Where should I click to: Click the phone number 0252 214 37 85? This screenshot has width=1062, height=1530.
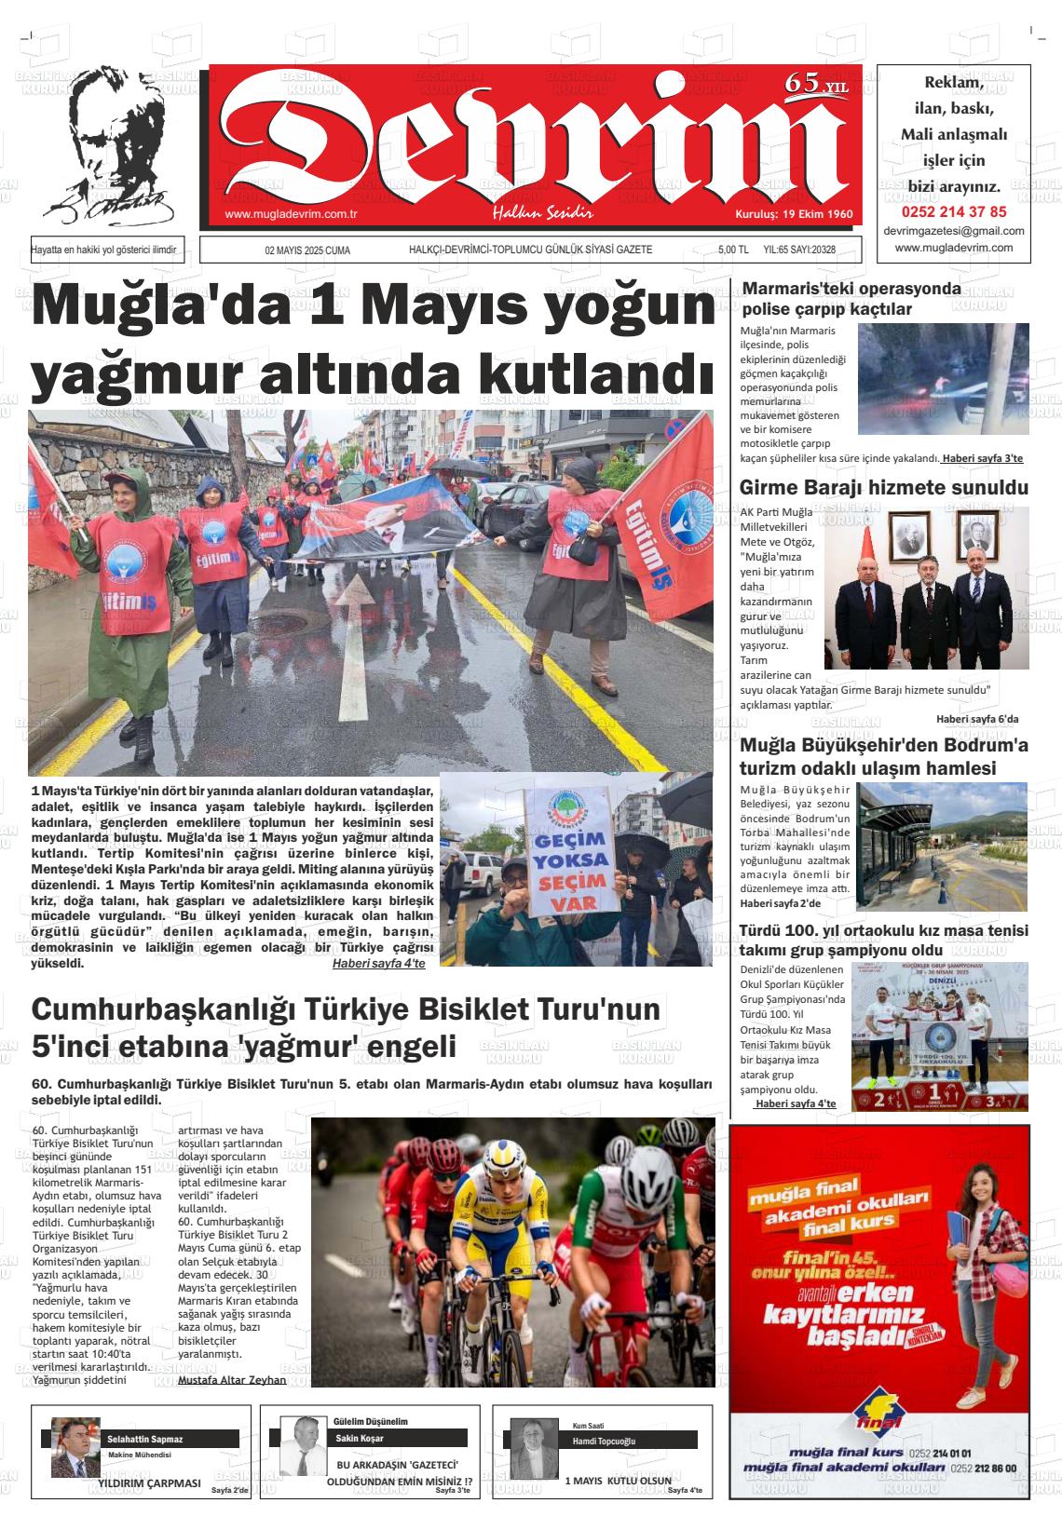[x=954, y=211]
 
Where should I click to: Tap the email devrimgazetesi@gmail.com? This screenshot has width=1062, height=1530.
[x=954, y=231]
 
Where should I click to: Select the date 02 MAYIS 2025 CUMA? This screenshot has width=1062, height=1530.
[x=307, y=250]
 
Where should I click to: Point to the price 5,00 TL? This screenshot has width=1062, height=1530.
[x=733, y=250]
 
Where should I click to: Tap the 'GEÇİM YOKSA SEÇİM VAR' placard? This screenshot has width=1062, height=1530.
[x=566, y=852]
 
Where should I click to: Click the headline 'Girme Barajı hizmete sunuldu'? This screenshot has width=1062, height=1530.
[x=883, y=488]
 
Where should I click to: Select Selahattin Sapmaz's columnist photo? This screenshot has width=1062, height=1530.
[x=75, y=1448]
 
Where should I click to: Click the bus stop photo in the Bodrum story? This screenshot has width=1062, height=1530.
[x=943, y=846]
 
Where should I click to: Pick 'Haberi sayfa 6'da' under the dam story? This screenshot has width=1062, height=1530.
[x=977, y=719]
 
